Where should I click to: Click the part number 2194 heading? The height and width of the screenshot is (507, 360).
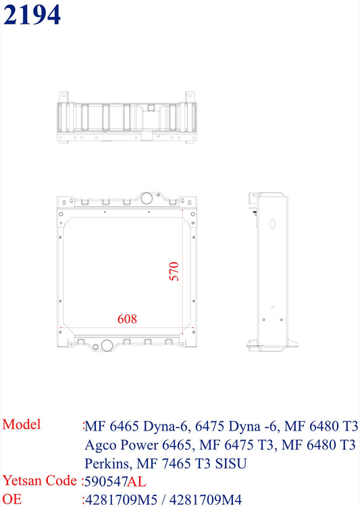[x=32, y=15]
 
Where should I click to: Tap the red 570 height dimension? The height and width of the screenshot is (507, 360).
[x=174, y=271]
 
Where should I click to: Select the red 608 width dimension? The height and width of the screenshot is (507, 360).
[x=127, y=319]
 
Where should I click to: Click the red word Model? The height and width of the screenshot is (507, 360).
[x=22, y=425]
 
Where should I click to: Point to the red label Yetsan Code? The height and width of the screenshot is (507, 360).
[x=40, y=480]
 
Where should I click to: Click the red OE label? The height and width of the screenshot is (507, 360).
[x=12, y=499]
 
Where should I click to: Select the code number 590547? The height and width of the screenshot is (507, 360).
[x=106, y=482]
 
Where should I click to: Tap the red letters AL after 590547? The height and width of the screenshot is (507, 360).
[x=136, y=482]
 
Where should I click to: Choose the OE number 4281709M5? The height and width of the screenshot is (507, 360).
[x=121, y=500]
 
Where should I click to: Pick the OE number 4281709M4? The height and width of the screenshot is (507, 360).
[x=205, y=500]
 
